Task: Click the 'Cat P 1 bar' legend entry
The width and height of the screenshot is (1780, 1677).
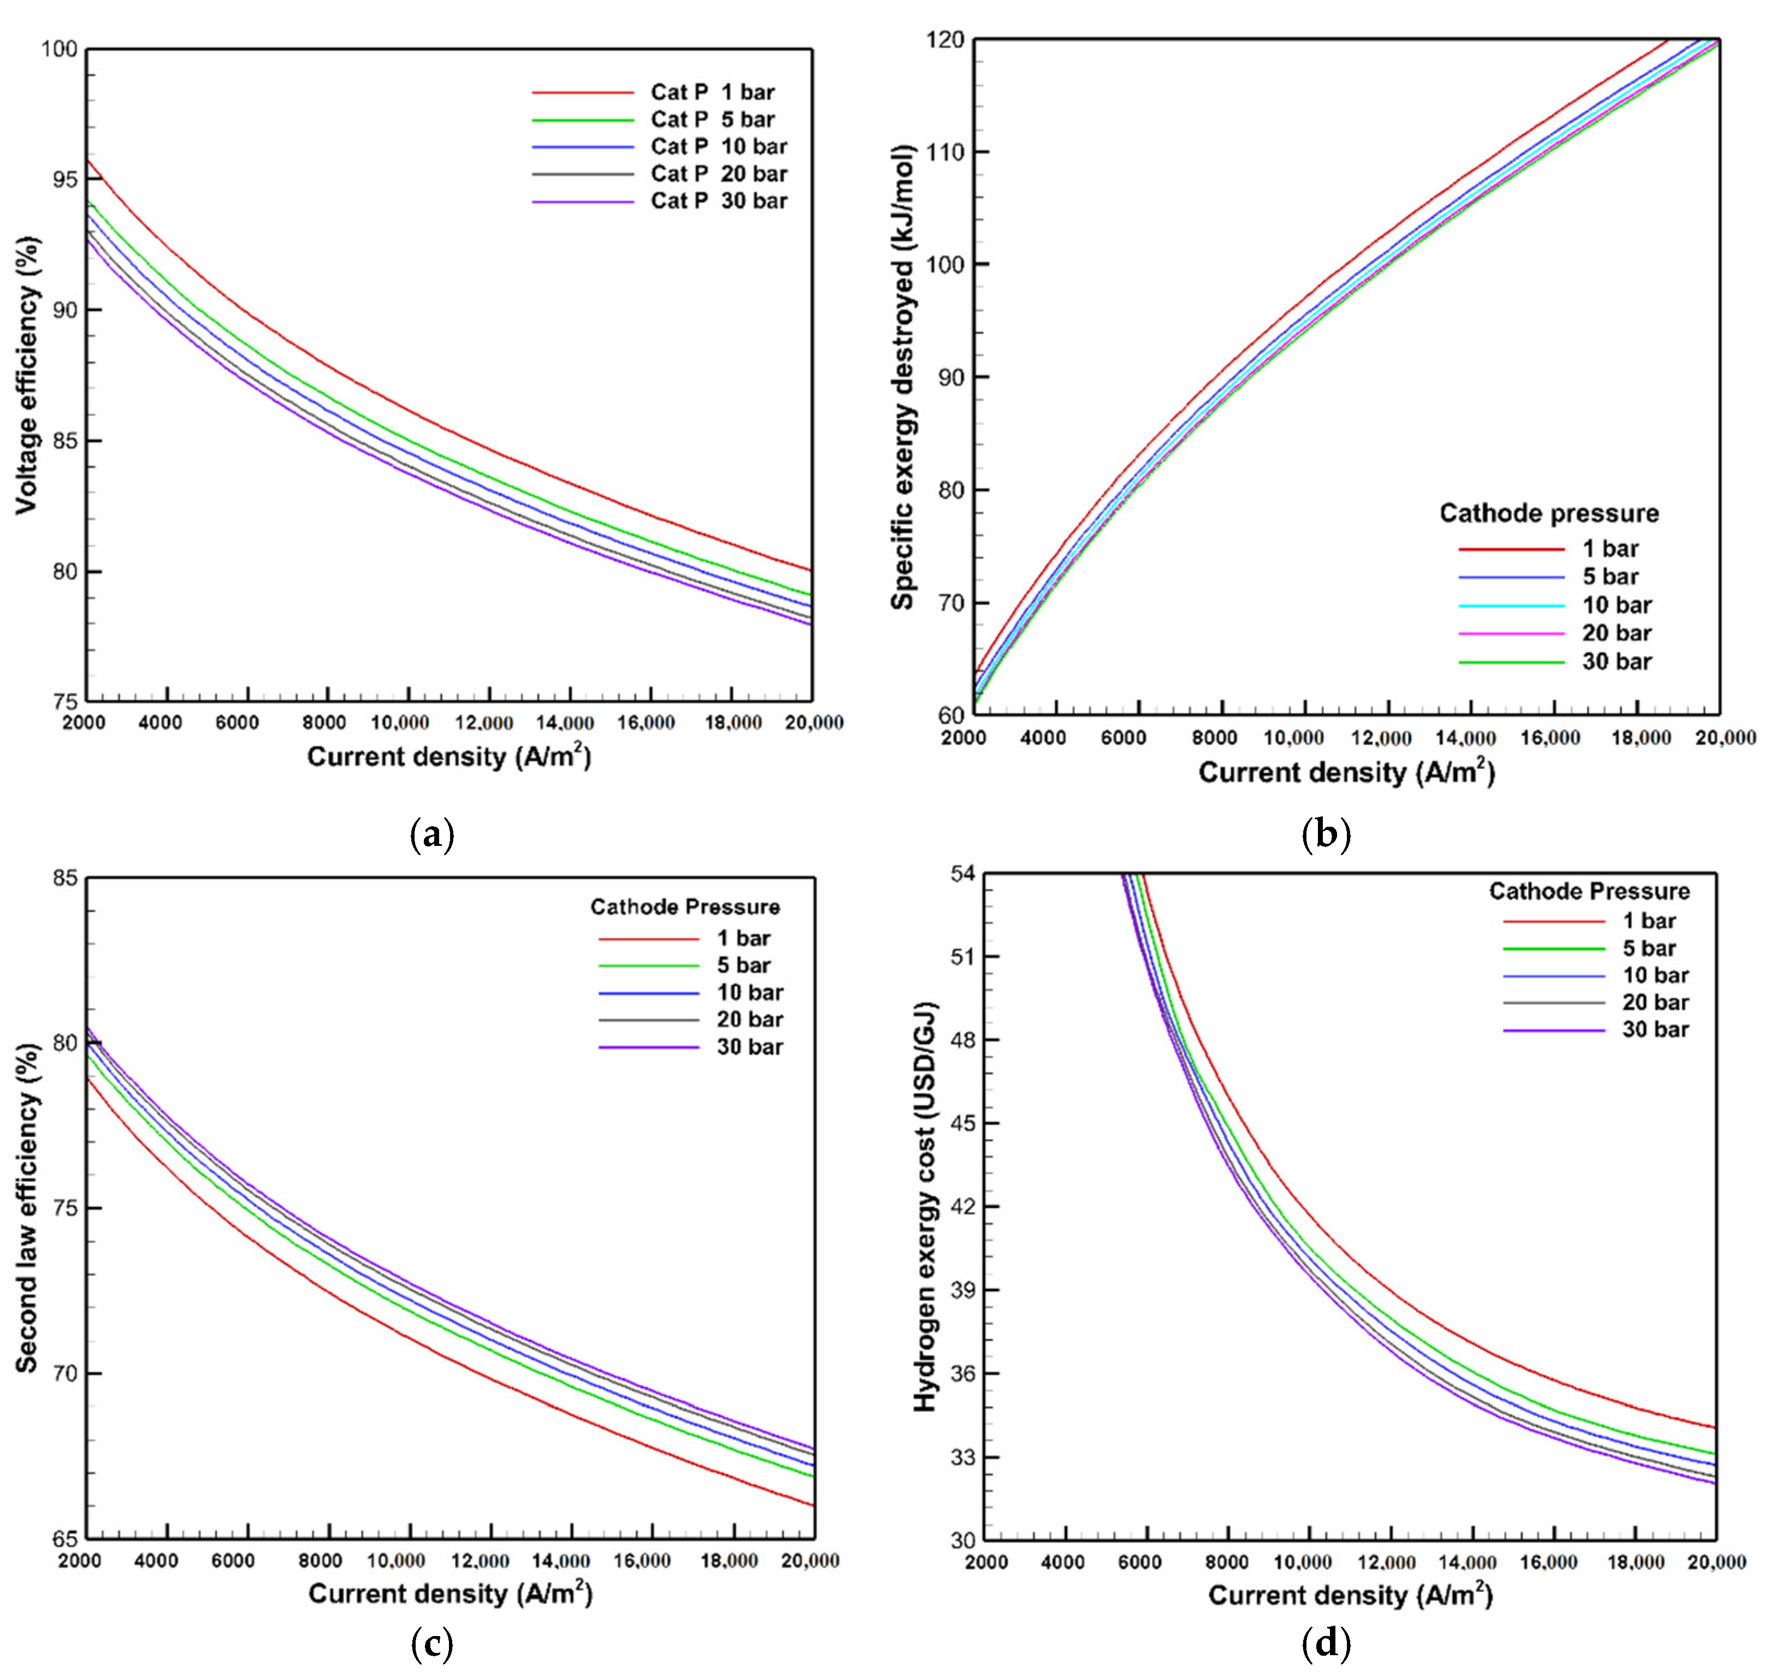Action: coord(712,92)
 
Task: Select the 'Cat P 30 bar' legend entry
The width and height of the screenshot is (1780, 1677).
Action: coord(718,200)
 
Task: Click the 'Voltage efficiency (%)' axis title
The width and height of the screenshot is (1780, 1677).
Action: coord(28,374)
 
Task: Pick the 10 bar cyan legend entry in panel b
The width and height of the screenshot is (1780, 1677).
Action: coord(1616,605)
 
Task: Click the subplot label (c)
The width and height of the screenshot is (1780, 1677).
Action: coord(431,1643)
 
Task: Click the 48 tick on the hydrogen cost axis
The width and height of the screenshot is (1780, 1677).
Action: coord(962,1040)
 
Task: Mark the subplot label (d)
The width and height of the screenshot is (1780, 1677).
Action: coord(1325,1643)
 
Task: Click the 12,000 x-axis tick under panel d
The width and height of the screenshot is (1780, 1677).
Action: coord(1385,1562)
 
